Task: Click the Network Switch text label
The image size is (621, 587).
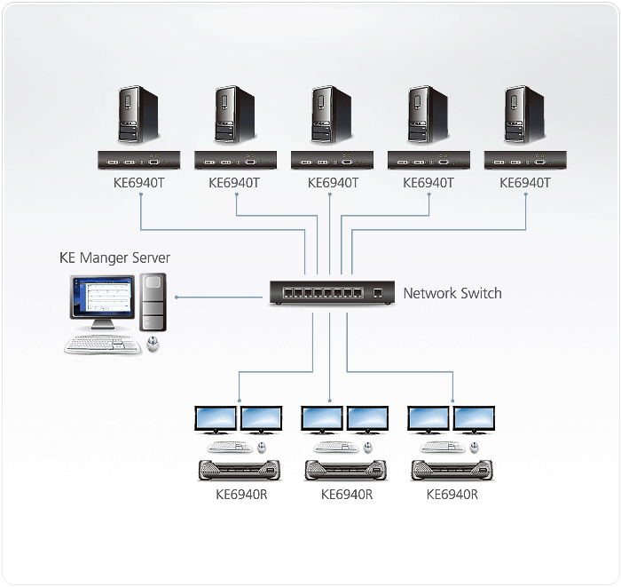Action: click(x=452, y=293)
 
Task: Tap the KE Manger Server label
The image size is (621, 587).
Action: click(x=114, y=258)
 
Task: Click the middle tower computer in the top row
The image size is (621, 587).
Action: click(x=330, y=115)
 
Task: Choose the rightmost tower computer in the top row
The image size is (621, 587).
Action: click(x=523, y=115)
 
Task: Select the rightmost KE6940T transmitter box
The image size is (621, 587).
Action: click(x=525, y=161)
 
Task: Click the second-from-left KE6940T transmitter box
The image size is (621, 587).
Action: click(x=235, y=161)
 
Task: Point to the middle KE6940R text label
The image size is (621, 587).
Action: click(x=346, y=495)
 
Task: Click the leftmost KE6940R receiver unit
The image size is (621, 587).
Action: click(x=239, y=469)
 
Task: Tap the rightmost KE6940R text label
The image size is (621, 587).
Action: click(x=452, y=495)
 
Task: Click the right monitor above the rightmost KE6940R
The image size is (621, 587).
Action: click(x=475, y=420)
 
